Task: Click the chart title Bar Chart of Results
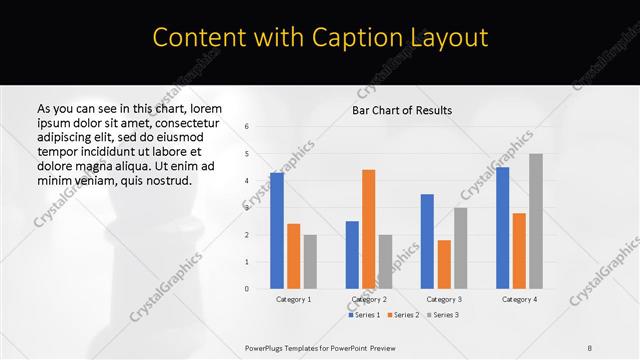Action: (401, 110)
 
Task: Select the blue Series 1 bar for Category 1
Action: (277, 230)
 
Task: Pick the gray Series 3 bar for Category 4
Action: (536, 221)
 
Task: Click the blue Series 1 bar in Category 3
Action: (427, 241)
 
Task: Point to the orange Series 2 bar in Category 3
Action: (444, 264)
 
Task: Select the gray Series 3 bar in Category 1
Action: (310, 261)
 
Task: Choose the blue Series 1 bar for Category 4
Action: (502, 227)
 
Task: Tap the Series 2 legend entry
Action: (404, 315)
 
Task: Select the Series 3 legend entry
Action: (442, 315)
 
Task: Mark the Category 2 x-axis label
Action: (368, 299)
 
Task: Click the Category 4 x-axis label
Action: (519, 299)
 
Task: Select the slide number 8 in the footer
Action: (590, 347)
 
